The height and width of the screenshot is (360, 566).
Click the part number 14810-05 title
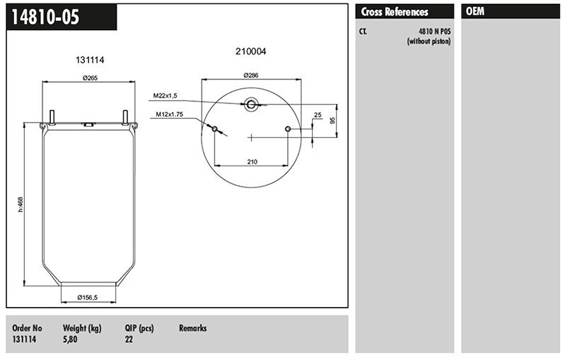click(46, 17)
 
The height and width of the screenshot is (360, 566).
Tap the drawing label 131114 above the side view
click(90, 60)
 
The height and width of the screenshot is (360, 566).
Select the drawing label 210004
click(250, 51)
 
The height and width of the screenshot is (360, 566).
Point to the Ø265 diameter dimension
click(90, 78)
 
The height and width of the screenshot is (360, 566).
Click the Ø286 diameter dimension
click(251, 75)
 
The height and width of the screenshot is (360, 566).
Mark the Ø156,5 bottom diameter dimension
click(88, 298)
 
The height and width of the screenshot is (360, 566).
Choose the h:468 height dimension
click(20, 204)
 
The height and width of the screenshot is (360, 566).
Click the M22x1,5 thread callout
click(165, 96)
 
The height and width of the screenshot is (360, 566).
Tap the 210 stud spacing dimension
click(252, 161)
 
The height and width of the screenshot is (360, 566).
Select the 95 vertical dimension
click(332, 120)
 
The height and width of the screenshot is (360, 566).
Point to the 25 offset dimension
click(317, 115)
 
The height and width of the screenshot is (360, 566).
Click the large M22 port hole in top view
click(251, 104)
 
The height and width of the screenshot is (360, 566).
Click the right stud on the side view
click(126, 116)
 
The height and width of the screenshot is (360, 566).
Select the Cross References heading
click(394, 12)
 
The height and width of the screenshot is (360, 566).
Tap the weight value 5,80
click(70, 339)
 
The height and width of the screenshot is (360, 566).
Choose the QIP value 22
click(129, 339)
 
